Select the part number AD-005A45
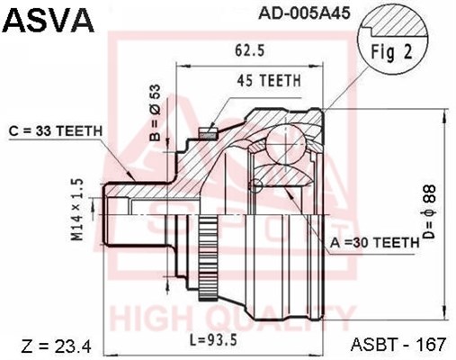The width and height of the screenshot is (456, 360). [x=304, y=13]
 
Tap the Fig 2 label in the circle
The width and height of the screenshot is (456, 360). [x=392, y=52]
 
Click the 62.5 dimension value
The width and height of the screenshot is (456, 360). [x=249, y=50]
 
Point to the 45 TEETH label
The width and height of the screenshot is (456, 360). [x=269, y=80]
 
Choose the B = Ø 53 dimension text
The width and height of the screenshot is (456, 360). [x=156, y=112]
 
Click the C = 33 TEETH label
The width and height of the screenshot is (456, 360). [x=56, y=131]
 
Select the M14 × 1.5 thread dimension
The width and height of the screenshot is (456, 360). [x=76, y=210]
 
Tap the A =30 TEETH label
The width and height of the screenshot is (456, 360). [x=374, y=242]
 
